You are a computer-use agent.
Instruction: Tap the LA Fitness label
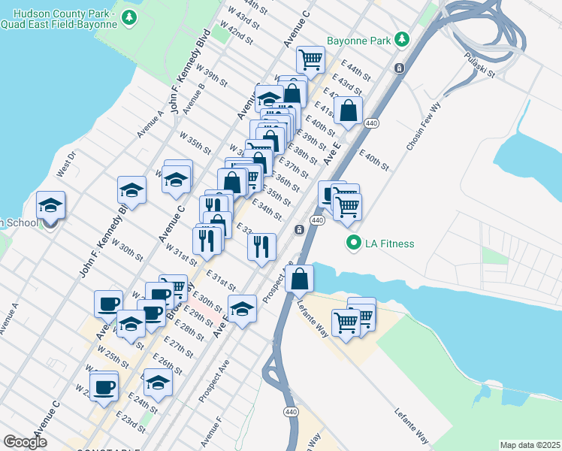tap(390, 244)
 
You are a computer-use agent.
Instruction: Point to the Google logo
tap(26, 442)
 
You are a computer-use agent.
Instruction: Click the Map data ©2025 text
tap(530, 444)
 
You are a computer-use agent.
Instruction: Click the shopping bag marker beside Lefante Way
tap(299, 278)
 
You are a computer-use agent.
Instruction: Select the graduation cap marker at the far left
tap(50, 206)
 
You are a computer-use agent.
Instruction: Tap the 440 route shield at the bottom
tap(291, 412)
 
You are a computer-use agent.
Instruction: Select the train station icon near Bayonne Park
tap(400, 68)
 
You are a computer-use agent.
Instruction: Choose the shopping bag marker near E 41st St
tap(349, 111)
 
